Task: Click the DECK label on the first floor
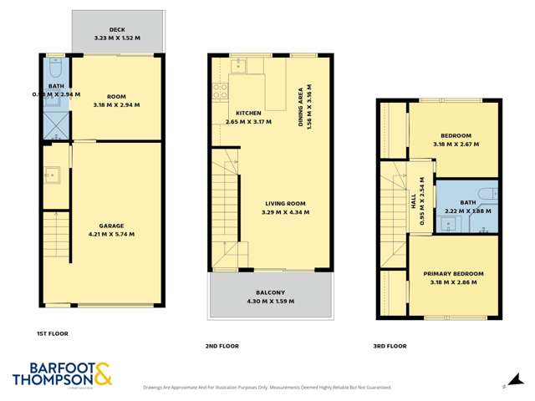116,30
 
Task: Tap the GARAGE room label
111,226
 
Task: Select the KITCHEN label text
249,114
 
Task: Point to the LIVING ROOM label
285,203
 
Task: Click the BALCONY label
271,292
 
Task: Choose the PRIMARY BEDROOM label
453,274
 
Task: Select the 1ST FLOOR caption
52,334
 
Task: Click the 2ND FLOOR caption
222,345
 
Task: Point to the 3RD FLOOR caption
390,345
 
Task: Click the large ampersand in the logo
103,374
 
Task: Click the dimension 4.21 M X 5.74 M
111,234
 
